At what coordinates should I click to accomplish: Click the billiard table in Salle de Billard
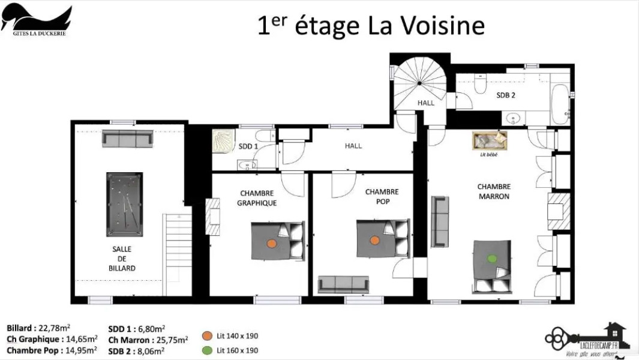point(125,205)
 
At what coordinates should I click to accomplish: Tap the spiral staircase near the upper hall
point(419,80)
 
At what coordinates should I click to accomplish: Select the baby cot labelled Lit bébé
point(490,141)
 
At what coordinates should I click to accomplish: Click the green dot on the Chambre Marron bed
point(493,259)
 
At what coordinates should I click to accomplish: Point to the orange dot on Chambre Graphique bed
point(271,244)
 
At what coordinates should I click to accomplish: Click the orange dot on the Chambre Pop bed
point(375,240)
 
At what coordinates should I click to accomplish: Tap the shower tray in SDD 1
point(226,142)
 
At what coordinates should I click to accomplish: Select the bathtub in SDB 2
point(560,103)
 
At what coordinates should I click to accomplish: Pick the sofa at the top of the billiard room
point(127,139)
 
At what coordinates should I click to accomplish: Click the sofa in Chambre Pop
point(343,284)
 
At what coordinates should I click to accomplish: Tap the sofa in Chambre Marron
point(440,221)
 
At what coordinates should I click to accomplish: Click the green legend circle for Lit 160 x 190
point(207,350)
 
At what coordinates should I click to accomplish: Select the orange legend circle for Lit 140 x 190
point(207,336)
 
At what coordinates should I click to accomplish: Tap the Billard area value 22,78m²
point(53,328)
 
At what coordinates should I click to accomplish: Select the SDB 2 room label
point(506,95)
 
